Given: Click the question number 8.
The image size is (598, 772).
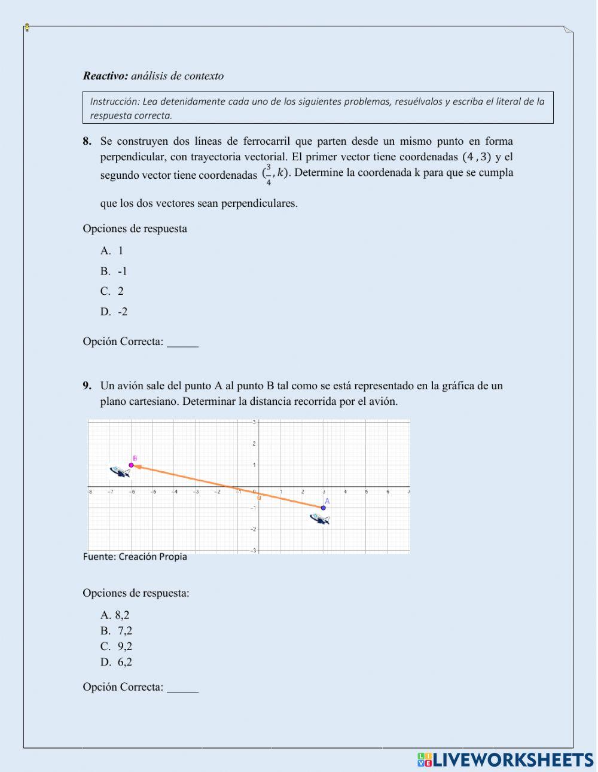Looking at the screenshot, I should coord(87,142).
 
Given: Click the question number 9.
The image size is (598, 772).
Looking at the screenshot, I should coord(87,386).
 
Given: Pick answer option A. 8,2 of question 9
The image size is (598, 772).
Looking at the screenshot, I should coord(115,615).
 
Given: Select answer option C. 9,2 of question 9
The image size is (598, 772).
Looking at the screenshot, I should coord(116,646).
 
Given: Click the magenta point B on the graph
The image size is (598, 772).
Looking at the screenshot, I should coord(132,465).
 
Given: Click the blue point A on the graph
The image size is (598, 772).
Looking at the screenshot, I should coord(324,508).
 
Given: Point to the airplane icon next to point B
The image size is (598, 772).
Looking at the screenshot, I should coord(120,472).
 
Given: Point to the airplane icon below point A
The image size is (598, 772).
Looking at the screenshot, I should coord(320,519).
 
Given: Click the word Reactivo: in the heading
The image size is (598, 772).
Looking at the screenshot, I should coord(105,76).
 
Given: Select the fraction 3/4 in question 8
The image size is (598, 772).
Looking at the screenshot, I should coord(269,174).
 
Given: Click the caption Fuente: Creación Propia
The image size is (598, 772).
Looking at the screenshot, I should coord(135,557).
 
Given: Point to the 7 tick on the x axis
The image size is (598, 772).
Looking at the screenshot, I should coord(409,492).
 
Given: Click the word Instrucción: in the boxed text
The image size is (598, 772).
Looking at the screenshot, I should coord(114,102).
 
